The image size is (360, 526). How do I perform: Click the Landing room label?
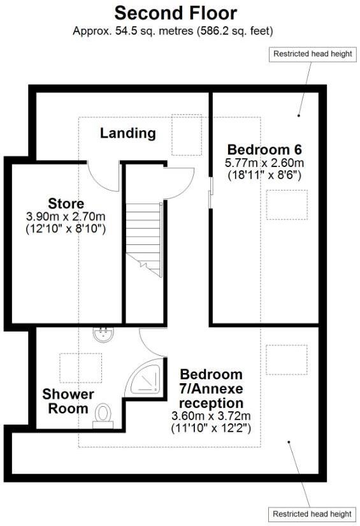(127, 133)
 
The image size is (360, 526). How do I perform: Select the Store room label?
(66, 204)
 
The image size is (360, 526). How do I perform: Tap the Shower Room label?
(68, 402)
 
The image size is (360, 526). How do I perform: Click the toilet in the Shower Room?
(103, 414)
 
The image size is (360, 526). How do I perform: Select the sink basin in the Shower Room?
(102, 334)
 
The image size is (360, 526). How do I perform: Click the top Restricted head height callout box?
(312, 54)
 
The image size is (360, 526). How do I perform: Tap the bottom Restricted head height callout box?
(312, 514)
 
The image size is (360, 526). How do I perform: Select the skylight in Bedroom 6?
(286, 205)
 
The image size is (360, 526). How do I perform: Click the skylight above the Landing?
(187, 135)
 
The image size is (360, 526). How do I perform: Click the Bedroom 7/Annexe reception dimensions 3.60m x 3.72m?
(211, 416)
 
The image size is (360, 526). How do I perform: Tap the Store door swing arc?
(102, 175)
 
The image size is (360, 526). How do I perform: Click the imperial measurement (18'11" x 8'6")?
(263, 175)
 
